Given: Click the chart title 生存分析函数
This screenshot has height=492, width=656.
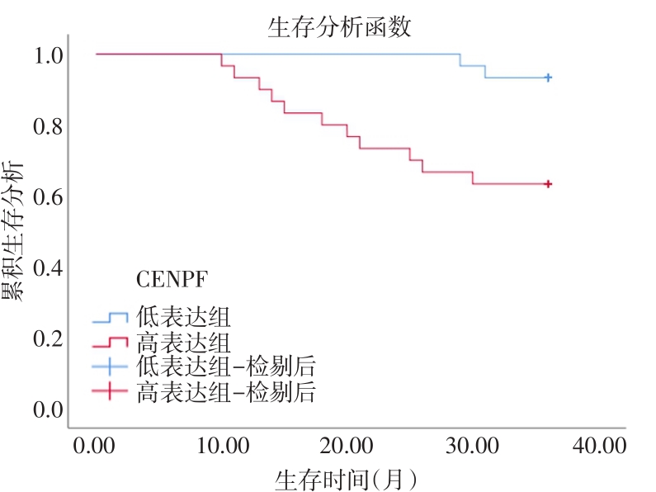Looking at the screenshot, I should tap(339, 28).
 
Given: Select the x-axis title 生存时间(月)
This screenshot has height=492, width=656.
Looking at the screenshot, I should tap(346, 480).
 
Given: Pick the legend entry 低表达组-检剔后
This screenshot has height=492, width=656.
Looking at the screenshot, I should tap(224, 367).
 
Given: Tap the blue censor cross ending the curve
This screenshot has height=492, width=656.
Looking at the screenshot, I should tap(547, 78).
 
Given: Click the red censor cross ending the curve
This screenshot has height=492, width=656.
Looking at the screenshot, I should tap(547, 184).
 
